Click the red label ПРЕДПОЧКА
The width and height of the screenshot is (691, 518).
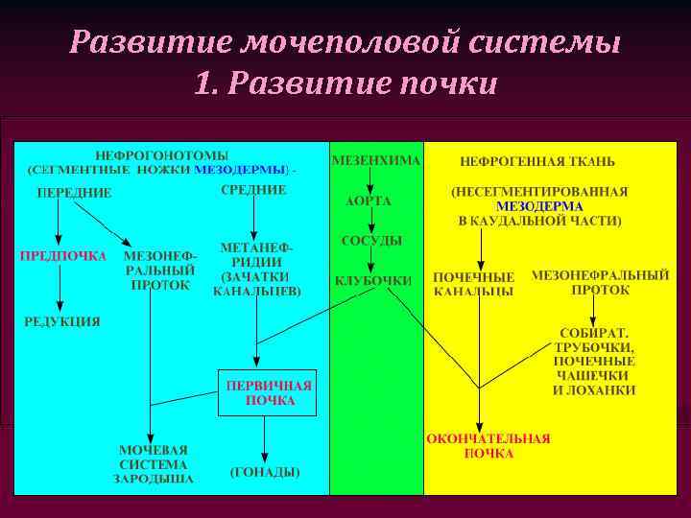62,256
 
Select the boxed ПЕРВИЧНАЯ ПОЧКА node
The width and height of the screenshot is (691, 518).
268,393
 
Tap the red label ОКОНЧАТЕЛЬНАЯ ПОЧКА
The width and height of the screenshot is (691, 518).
488,446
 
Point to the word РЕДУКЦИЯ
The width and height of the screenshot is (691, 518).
62,321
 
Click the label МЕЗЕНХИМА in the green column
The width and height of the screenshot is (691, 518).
375,160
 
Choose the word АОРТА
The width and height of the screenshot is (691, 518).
369,201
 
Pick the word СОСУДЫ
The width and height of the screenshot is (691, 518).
371,241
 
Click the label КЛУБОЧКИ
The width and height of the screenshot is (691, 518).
373,281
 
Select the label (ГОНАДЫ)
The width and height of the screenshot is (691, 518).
265,472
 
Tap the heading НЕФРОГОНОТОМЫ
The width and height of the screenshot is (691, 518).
161,155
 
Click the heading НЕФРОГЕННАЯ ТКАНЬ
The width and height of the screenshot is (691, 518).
537,161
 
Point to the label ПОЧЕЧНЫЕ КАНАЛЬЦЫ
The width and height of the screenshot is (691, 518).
473,283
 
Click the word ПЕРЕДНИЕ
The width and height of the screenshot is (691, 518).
74,193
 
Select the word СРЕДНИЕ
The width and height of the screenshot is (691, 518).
253,190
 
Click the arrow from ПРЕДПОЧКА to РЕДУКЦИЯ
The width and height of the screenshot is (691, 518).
60,288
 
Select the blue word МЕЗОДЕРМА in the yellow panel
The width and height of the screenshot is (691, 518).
539,206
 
